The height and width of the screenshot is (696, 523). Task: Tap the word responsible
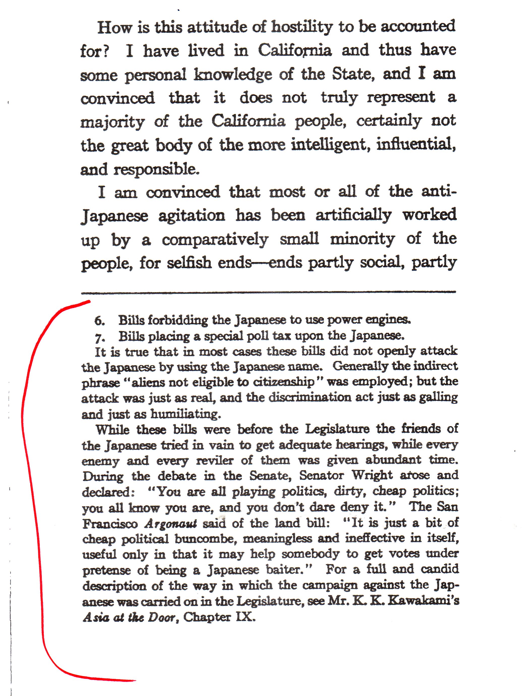coord(156,169)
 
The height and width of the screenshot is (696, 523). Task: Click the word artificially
coord(353,215)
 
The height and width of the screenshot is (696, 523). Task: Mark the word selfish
coord(189,263)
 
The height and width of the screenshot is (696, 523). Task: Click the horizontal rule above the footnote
coord(268,292)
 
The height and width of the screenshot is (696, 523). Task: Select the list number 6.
coord(99,321)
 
